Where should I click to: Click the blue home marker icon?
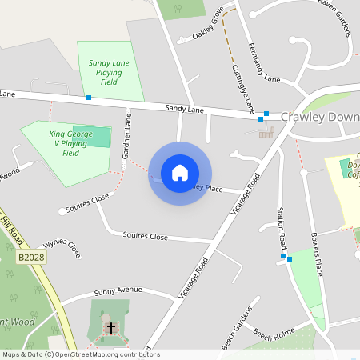pyautogui.click(x=180, y=173)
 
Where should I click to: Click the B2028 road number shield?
pyautogui.click(x=28, y=258)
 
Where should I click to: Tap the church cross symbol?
pyautogui.click(x=111, y=328)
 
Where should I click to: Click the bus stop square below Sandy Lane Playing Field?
pyautogui.click(x=88, y=98)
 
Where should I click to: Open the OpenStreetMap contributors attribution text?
pyautogui.click(x=104, y=354)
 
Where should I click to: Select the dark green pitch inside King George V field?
pyautogui.click(x=95, y=136)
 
